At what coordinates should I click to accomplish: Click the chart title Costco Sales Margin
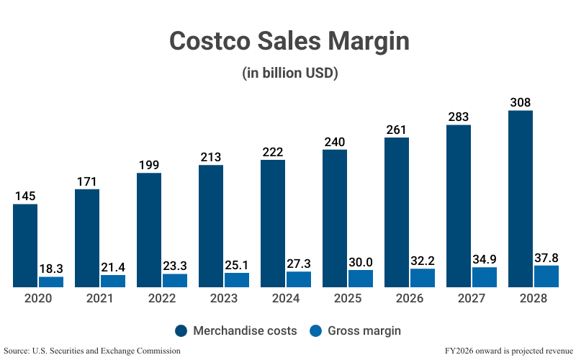pyautogui.click(x=288, y=41)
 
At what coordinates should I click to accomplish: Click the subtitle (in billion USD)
pyautogui.click(x=288, y=73)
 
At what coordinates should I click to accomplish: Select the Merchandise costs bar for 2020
pyautogui.click(x=25, y=246)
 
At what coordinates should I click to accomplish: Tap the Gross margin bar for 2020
pyautogui.click(x=51, y=282)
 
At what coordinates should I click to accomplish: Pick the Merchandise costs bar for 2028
pyautogui.click(x=521, y=199)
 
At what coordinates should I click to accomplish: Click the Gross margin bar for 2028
pyautogui.click(x=546, y=276)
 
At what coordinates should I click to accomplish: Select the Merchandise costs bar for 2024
pyautogui.click(x=273, y=223)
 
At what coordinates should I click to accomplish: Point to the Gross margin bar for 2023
pyautogui.click(x=237, y=280)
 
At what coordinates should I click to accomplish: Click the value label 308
pyautogui.click(x=521, y=102)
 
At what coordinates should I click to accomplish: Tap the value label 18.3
pyautogui.click(x=51, y=267)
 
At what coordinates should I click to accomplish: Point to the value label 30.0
pyautogui.click(x=361, y=261)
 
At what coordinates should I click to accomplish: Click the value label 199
pyautogui.click(x=149, y=164)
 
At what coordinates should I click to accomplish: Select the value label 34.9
pyautogui.click(x=485, y=258)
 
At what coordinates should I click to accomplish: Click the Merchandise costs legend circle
pyautogui.click(x=181, y=330)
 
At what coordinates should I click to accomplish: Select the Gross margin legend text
pyautogui.click(x=364, y=330)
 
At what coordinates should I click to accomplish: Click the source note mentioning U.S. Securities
pyautogui.click(x=92, y=351)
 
